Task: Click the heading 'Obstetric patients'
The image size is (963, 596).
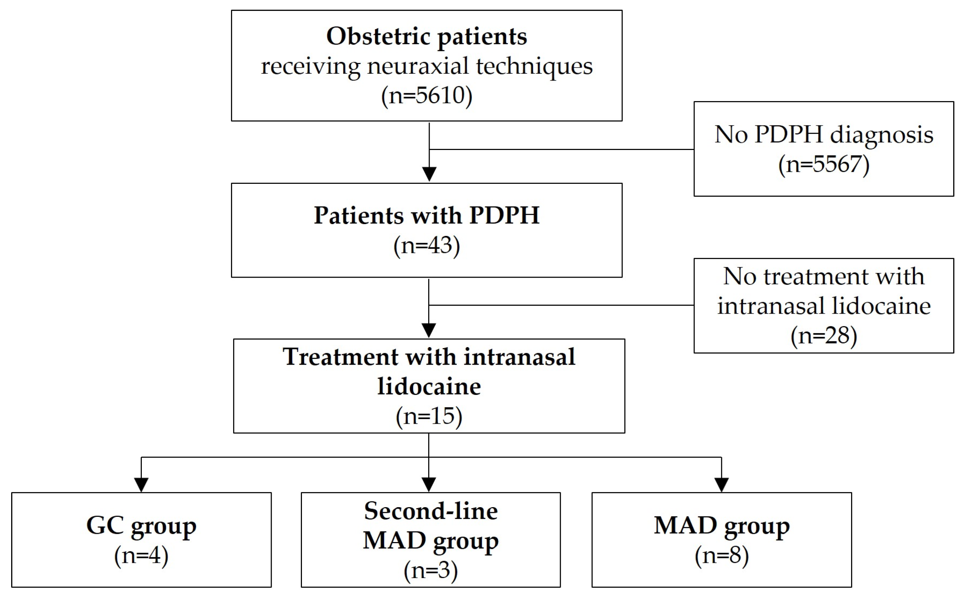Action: tap(426, 37)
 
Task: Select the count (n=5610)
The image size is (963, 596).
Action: tap(426, 95)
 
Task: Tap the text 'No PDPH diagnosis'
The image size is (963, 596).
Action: tap(824, 135)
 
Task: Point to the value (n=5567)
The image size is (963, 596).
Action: tap(824, 164)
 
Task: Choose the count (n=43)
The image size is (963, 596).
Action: tap(426, 246)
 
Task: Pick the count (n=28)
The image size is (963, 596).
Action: tap(824, 336)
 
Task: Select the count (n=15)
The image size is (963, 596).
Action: tap(429, 417)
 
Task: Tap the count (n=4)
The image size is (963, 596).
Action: tap(141, 556)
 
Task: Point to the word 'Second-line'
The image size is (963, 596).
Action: tap(431, 511)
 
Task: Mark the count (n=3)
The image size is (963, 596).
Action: tap(431, 570)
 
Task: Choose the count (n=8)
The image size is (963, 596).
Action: tap(722, 556)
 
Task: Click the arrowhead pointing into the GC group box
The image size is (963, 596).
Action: tap(141, 485)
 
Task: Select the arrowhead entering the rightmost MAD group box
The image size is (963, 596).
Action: tap(721, 485)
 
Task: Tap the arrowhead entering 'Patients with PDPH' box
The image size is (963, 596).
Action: tap(429, 174)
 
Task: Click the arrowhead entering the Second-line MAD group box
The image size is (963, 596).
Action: tap(429, 485)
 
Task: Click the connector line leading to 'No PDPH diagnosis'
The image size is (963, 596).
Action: tap(561, 149)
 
